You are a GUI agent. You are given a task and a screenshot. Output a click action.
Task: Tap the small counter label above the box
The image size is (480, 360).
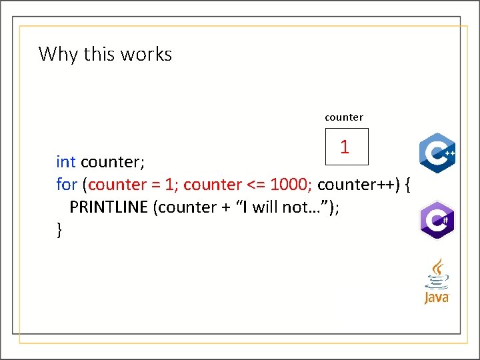(x=344, y=117)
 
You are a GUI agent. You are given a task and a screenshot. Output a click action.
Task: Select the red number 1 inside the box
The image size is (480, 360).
(x=344, y=147)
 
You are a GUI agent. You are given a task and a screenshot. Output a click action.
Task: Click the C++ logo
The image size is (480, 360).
(x=437, y=153)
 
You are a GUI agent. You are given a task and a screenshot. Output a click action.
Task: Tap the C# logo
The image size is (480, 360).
(x=437, y=220)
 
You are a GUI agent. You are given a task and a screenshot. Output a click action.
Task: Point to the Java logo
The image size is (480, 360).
(x=437, y=282)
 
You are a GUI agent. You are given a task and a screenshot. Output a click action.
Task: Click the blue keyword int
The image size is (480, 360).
(x=65, y=162)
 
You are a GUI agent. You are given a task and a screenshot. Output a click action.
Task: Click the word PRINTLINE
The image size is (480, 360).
(x=109, y=207)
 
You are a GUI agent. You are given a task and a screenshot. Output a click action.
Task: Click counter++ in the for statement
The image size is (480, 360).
(x=358, y=184)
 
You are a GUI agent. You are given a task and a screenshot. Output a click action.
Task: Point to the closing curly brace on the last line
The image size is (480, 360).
(x=59, y=230)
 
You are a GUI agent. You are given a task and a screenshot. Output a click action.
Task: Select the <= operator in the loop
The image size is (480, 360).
(x=256, y=184)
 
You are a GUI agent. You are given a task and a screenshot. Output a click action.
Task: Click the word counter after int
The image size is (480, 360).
(x=113, y=162)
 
